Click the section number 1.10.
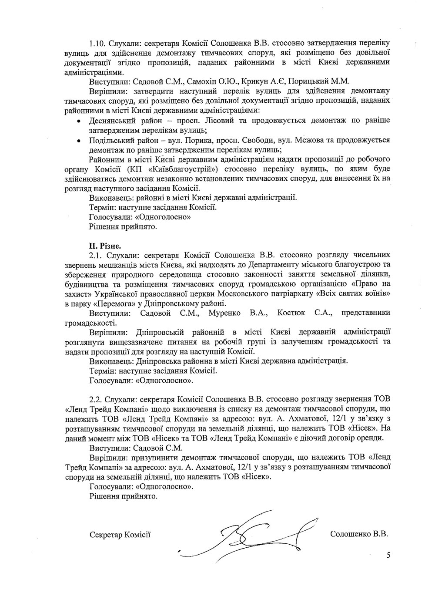point(97,43)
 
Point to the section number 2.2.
point(96,399)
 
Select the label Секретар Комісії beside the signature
point(120,534)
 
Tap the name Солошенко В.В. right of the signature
point(359,533)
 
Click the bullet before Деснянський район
point(78,121)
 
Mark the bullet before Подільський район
point(78,141)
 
